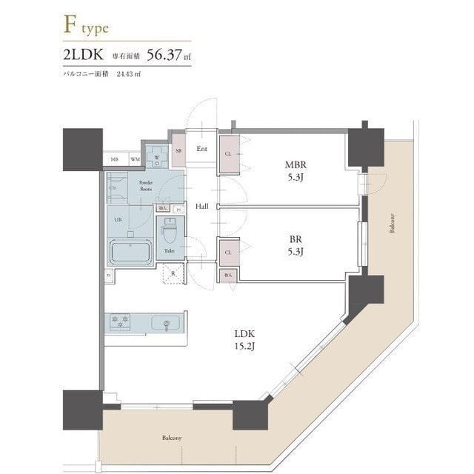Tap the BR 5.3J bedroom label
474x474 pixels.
[296, 245]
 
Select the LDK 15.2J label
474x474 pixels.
[244, 339]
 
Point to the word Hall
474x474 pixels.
[201, 206]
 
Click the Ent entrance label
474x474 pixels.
[201, 148]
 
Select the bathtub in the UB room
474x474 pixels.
[131, 252]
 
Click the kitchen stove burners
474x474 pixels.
[120, 322]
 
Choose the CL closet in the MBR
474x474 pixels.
[229, 154]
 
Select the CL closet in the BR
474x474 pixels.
[229, 252]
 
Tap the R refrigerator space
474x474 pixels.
[173, 273]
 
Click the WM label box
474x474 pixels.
[136, 159]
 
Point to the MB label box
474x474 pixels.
[115, 159]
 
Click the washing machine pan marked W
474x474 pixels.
[156, 156]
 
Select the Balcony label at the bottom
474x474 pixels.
[172, 438]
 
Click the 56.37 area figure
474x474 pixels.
[167, 55]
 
